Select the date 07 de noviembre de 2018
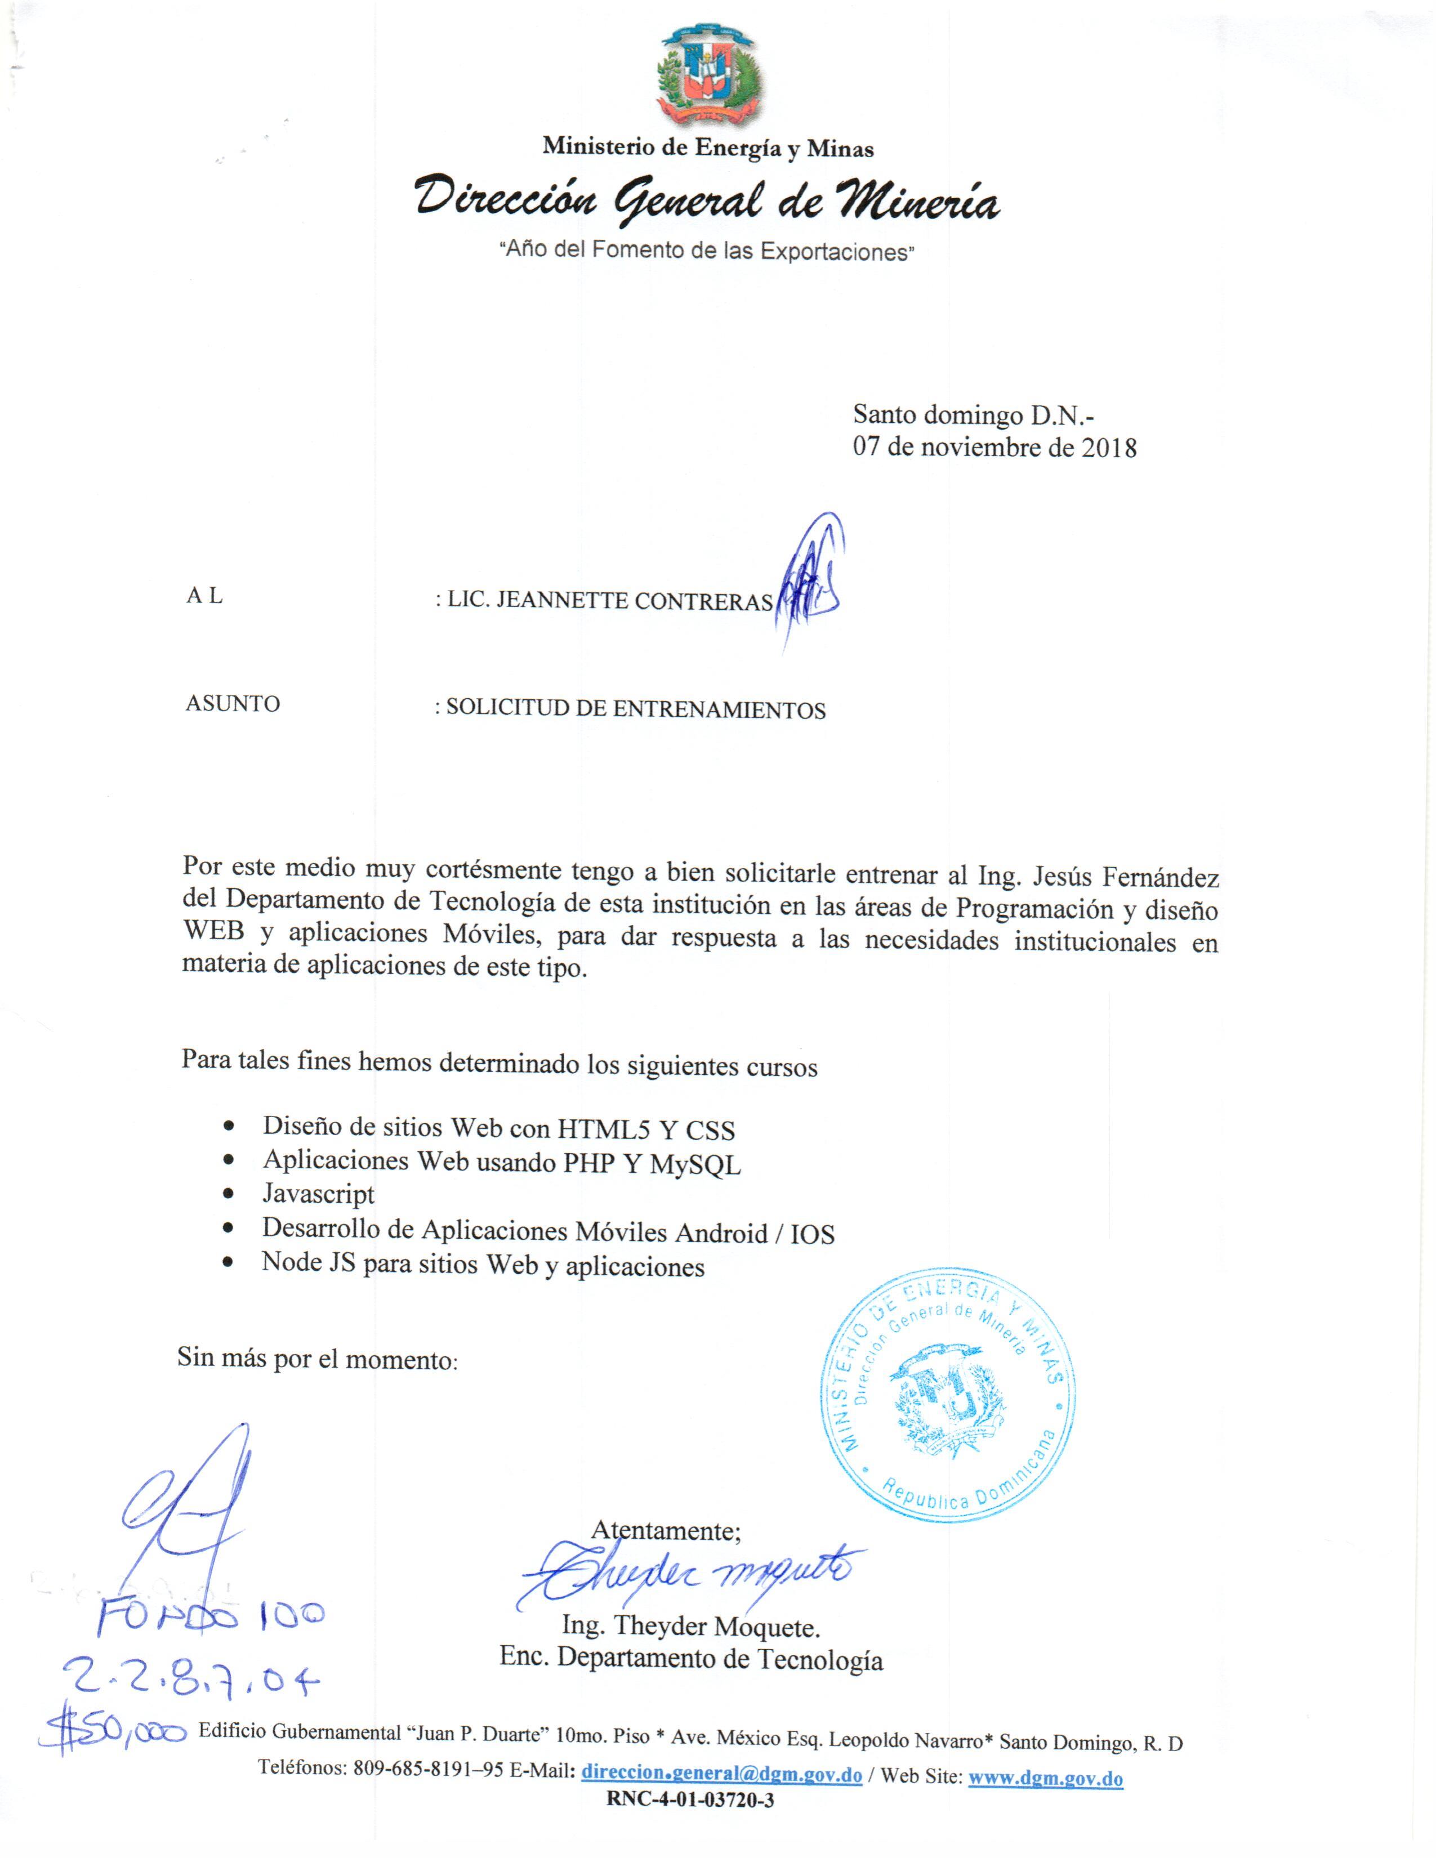995,448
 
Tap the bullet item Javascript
318,1194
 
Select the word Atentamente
665,1530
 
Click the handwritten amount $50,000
115,1730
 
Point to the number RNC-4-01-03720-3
690,1800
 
